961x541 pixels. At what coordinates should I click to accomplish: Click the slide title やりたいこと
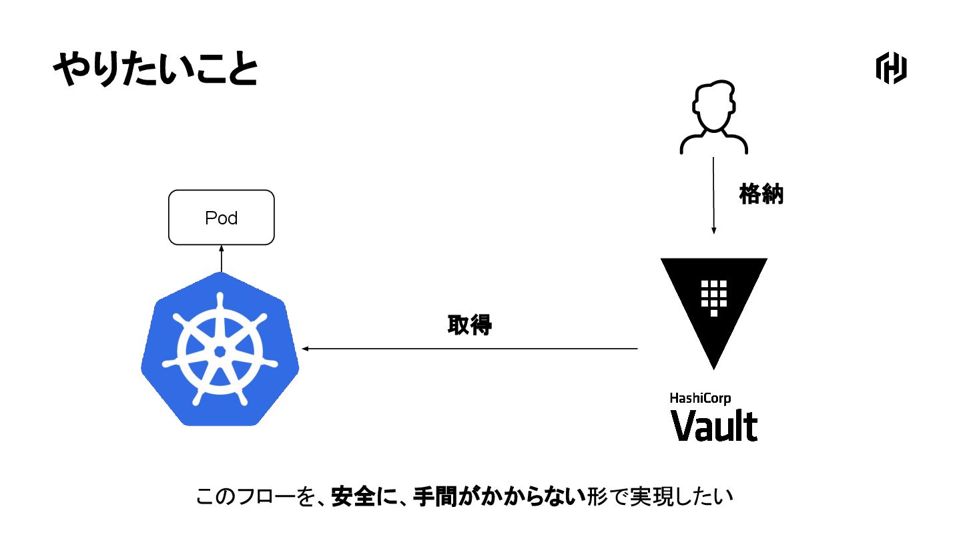[155, 70]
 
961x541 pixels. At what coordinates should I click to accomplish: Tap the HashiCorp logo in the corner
[891, 69]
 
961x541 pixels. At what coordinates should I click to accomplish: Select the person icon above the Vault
[713, 117]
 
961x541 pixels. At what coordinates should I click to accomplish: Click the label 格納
[761, 194]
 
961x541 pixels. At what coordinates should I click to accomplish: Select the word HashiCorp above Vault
[700, 399]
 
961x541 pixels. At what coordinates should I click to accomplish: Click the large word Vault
[714, 425]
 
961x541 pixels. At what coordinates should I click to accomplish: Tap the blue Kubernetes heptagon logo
[220, 350]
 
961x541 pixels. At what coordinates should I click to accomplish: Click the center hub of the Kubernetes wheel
[220, 351]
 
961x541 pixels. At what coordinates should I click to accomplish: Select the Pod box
[221, 218]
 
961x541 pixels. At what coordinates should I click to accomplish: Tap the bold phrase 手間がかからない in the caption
[499, 498]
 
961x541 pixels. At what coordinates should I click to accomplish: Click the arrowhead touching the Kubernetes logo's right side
[306, 349]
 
